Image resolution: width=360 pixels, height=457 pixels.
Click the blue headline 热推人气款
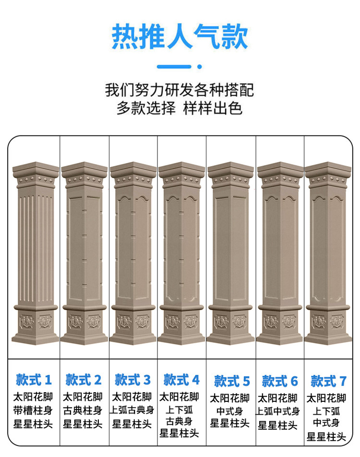point(180,37)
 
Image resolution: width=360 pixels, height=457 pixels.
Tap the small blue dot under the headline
point(199,67)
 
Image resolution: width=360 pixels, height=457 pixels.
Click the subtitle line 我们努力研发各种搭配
point(180,90)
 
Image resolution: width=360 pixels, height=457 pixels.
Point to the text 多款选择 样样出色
point(180,108)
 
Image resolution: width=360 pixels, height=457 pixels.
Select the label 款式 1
point(34,380)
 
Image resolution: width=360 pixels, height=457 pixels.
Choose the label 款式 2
point(84,380)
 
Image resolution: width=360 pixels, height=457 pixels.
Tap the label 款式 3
point(132,380)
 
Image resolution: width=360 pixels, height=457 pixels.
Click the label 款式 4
point(181,380)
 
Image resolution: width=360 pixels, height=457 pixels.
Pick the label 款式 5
point(232,381)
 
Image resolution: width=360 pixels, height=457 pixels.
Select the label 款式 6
point(280,381)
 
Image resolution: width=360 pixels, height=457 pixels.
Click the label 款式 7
point(328,381)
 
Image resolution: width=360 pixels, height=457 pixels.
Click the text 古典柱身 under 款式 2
point(83,411)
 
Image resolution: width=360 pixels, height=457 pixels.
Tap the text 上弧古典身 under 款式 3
point(132,411)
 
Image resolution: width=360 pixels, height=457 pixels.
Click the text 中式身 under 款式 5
point(230,411)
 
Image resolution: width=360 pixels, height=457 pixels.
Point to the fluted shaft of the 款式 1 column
point(35,245)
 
